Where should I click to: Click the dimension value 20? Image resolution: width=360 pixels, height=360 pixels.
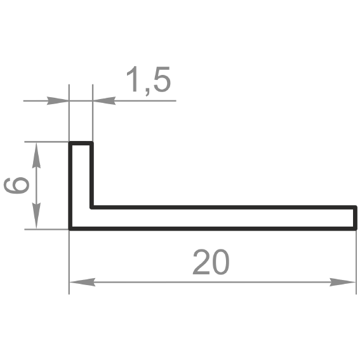pos(211,262)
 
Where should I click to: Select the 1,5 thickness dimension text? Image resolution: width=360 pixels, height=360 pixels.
pos(149,80)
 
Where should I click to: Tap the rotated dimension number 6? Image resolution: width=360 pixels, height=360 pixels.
pos(17,185)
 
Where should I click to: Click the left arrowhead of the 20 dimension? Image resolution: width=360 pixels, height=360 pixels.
pos(82,282)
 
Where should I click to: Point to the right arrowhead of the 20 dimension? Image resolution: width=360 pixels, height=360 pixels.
pos(343,282)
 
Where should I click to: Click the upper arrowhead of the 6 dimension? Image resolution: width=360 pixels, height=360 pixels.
pos(36,155)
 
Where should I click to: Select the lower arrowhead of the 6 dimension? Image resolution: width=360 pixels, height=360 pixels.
pos(36,216)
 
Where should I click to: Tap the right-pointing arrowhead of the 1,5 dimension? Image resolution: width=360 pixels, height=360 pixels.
pos(58,100)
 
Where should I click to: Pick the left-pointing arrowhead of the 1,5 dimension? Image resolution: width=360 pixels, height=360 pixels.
pos(104,100)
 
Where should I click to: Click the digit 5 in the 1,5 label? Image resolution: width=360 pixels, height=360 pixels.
pos(163,79)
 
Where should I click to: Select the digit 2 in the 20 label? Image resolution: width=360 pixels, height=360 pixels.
pos(201,262)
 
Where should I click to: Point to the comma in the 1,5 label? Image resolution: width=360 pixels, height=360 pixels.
pos(147,92)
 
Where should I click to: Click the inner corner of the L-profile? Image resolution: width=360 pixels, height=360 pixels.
pos(91,208)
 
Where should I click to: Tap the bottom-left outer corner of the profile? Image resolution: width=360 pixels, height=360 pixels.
pos(70,229)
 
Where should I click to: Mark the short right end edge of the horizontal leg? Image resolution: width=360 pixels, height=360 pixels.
pos(355,218)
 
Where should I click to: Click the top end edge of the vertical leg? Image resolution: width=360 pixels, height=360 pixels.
pos(81,143)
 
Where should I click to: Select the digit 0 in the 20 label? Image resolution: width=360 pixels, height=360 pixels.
pos(220,262)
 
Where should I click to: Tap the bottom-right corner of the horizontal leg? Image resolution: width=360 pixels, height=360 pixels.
pos(355,229)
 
